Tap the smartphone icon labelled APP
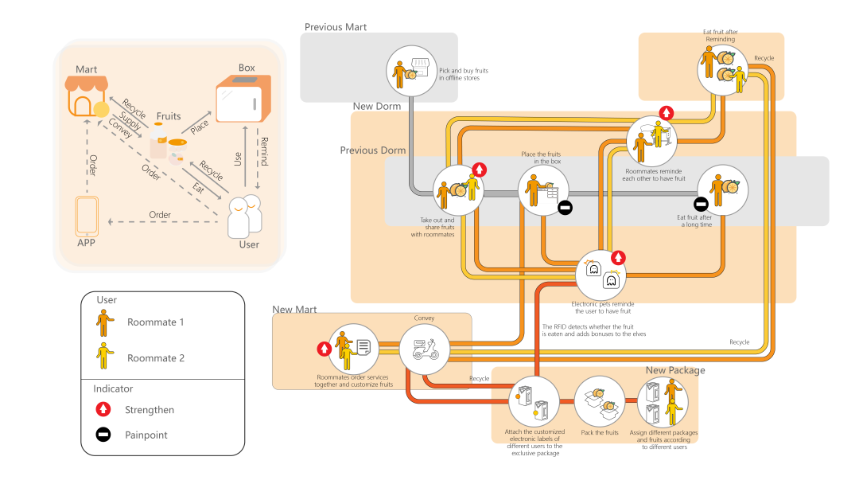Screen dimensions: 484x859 point(87,214)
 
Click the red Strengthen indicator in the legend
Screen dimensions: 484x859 point(103,410)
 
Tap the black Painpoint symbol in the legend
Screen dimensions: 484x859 point(103,435)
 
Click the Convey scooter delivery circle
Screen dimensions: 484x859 point(424,349)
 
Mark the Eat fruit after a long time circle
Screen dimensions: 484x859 point(722,191)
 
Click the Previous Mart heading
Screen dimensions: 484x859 point(336,27)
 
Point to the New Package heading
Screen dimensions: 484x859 point(674,370)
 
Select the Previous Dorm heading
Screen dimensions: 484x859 point(373,150)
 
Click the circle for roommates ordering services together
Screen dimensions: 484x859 point(353,349)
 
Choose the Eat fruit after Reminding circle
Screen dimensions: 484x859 point(722,69)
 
